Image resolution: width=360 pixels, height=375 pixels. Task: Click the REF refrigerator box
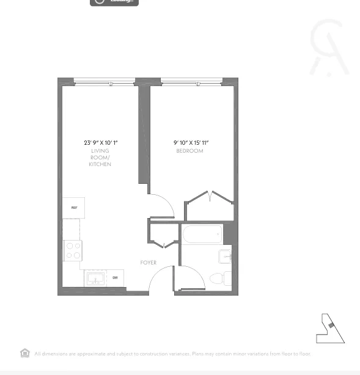[73, 208]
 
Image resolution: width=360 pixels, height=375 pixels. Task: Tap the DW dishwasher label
[115, 278]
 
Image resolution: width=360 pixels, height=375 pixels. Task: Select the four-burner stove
[73, 250]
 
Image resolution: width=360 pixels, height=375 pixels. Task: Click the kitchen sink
[95, 279]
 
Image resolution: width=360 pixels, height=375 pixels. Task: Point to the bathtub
[201, 234]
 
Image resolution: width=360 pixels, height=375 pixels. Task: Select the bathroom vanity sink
[226, 257]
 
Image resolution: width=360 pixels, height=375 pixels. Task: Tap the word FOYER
[148, 263]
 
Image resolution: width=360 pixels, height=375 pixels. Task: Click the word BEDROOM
[189, 151]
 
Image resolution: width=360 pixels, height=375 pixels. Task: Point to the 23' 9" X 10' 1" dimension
[100, 143]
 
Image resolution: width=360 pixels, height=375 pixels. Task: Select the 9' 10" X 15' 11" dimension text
[194, 143]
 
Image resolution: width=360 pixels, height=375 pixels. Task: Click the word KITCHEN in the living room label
[100, 164]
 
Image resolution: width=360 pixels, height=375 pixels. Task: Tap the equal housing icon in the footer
[25, 353]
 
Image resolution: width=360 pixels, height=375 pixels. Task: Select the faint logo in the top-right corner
[329, 47]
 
